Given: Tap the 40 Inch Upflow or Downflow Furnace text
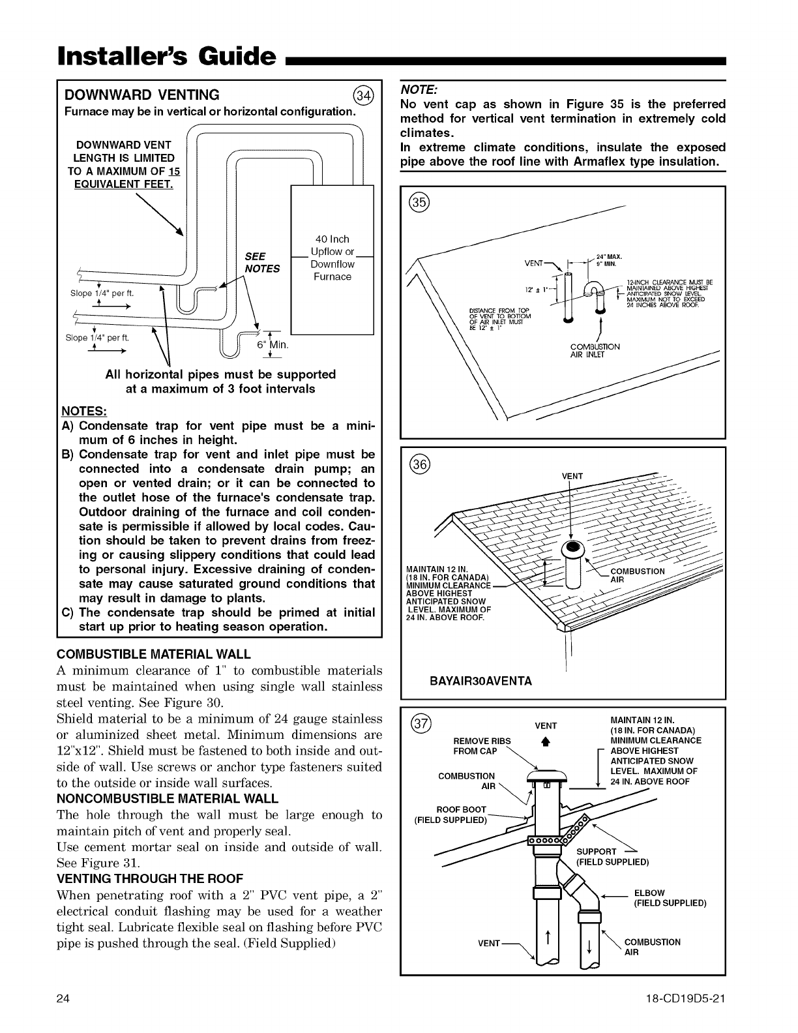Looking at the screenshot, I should (332, 258).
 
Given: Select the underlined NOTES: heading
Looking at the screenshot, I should (83, 412).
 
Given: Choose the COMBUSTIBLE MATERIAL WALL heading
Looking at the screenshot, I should (154, 654).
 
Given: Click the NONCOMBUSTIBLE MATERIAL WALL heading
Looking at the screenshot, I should (168, 798).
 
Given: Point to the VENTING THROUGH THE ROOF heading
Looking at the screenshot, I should (150, 878).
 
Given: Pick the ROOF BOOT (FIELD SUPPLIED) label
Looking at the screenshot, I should (451, 815).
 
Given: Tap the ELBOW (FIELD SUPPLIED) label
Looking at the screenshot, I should (670, 898).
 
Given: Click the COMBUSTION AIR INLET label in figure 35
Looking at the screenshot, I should (587, 351).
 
